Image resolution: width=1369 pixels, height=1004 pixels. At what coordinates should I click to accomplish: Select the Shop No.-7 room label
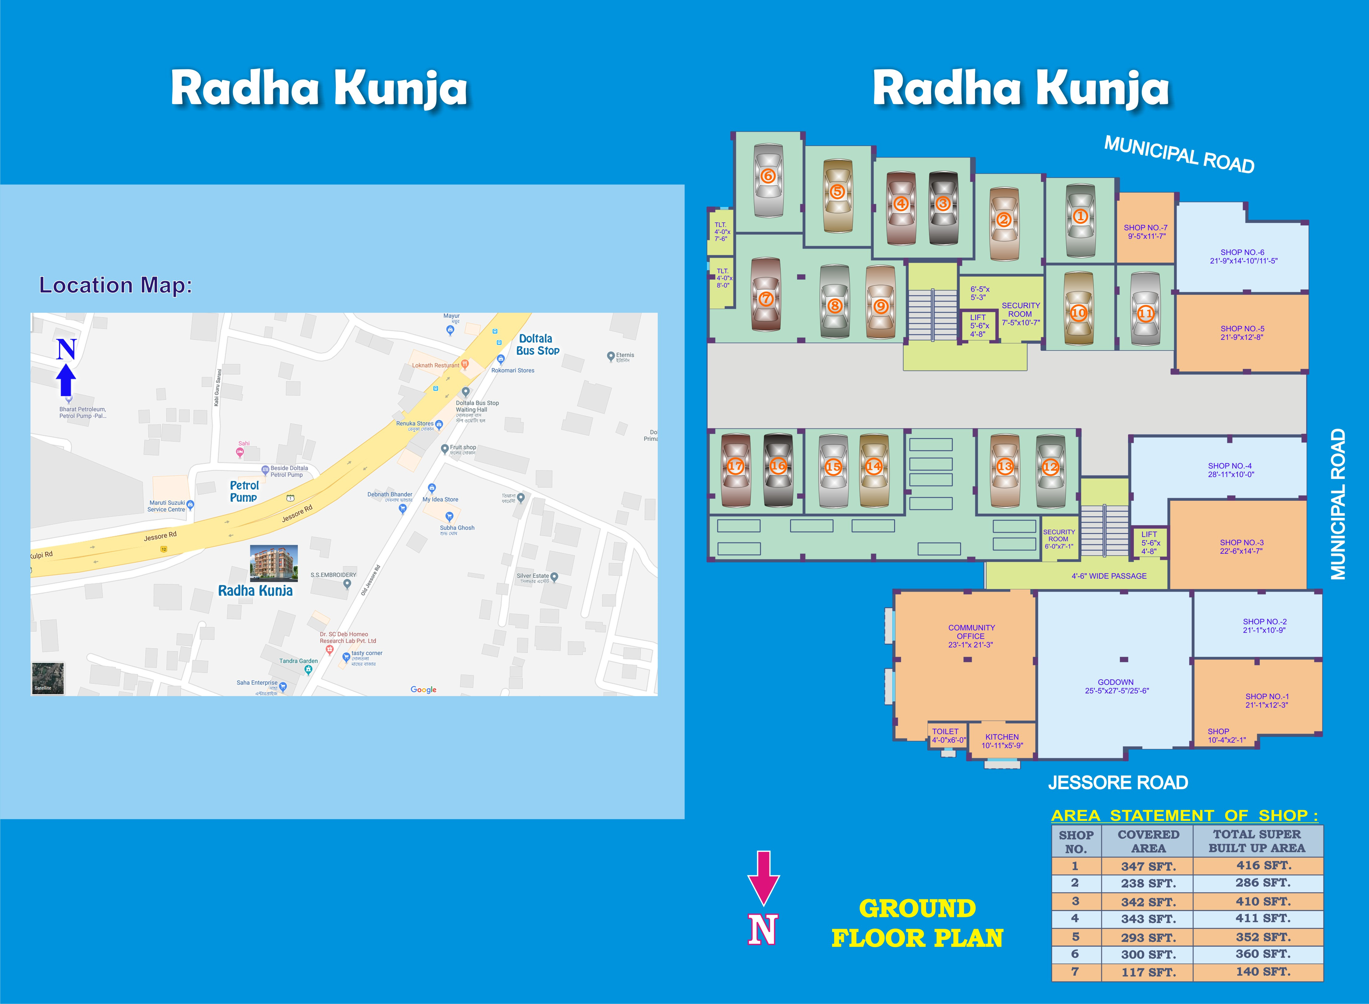click(1145, 232)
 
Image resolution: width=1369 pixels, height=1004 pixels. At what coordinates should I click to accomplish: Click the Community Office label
click(971, 636)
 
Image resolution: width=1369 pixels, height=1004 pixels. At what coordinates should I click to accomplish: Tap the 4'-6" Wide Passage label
click(1109, 576)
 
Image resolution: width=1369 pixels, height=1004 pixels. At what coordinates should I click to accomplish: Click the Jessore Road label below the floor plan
click(1117, 782)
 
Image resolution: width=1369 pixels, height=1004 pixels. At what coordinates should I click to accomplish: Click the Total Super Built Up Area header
click(1256, 841)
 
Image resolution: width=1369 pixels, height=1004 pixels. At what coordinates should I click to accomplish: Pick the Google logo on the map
click(423, 689)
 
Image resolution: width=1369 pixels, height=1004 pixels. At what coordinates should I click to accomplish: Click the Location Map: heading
click(115, 285)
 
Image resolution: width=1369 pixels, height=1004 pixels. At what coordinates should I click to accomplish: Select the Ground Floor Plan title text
click(917, 922)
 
